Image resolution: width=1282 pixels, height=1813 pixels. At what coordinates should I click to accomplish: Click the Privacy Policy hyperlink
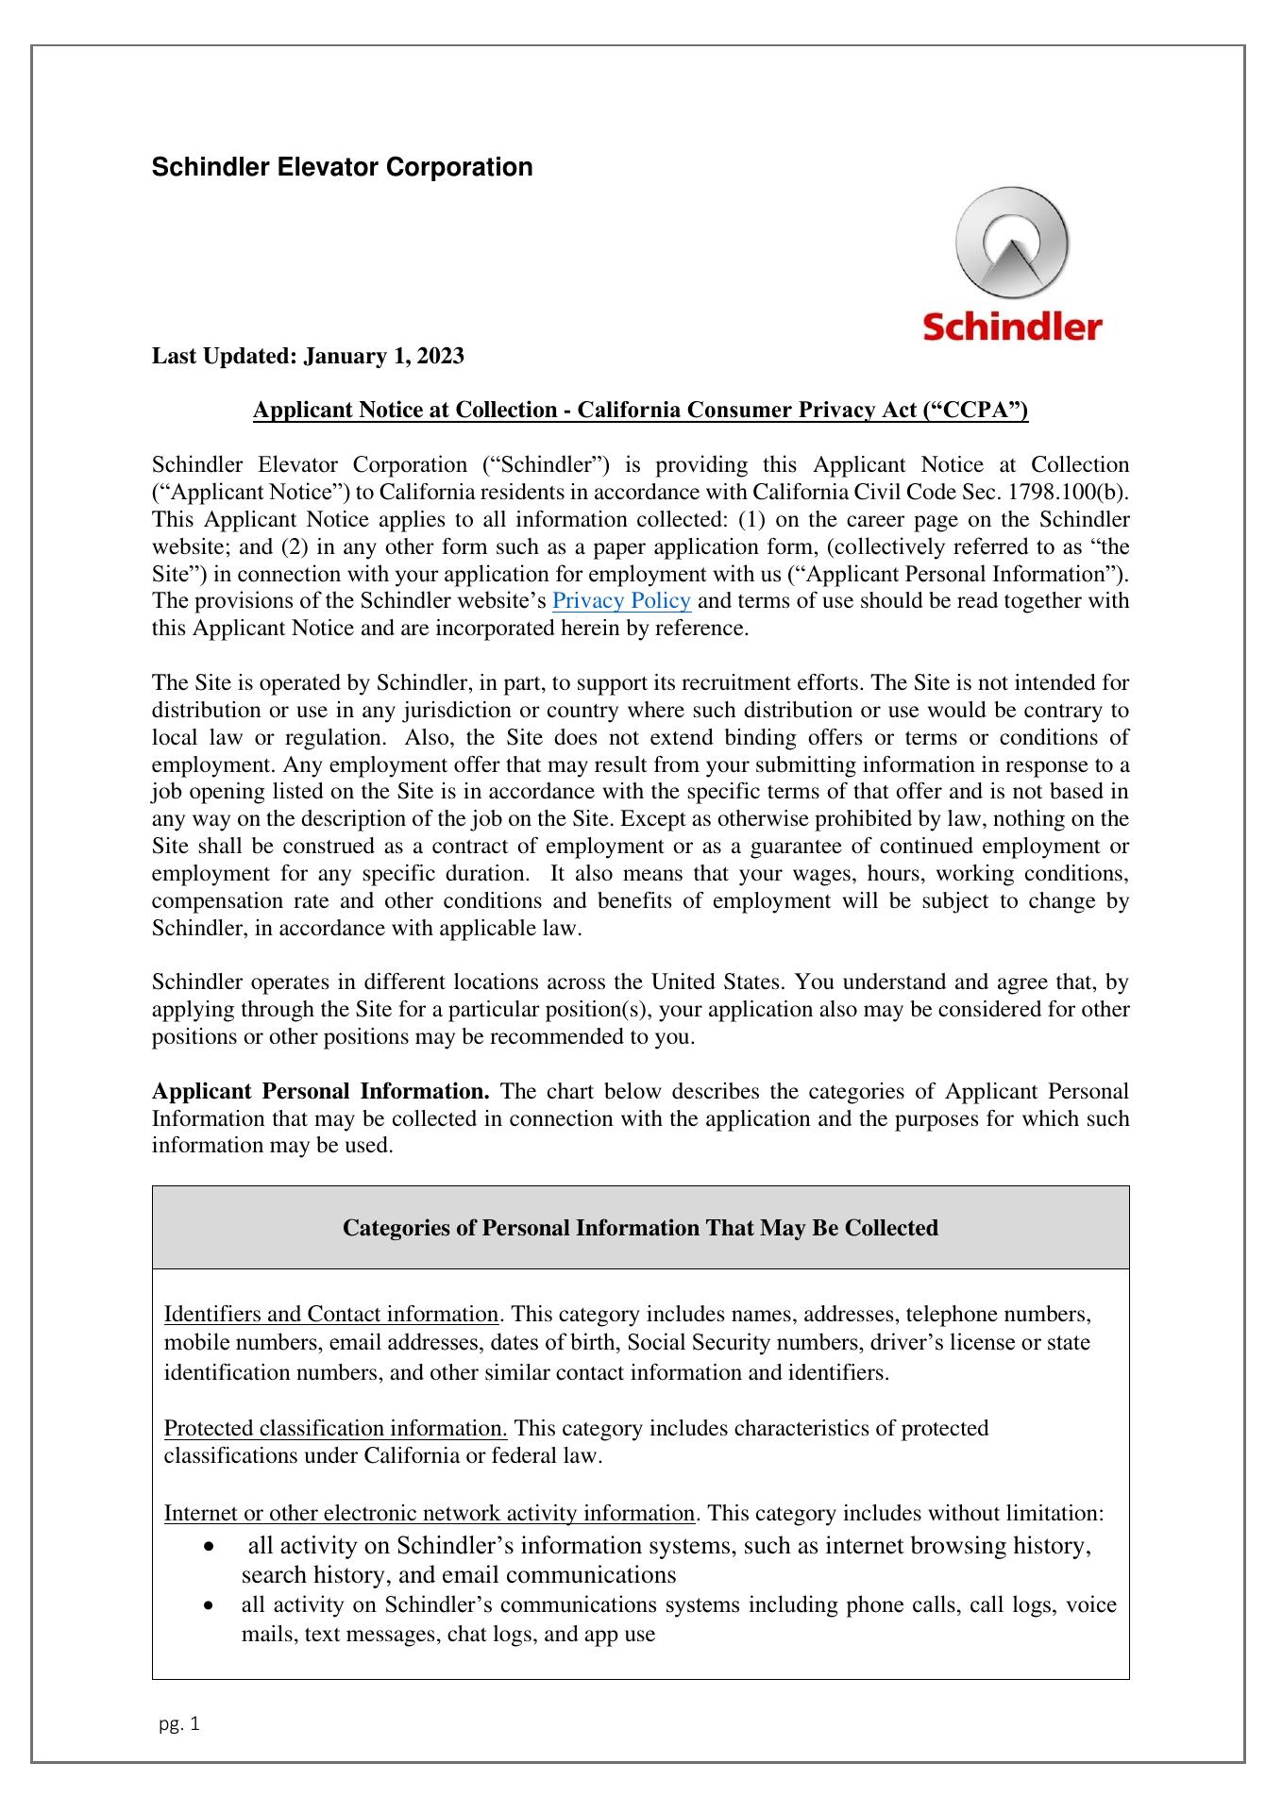pos(621,601)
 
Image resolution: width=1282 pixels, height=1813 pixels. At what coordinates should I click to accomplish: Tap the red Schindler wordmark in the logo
pos(1011,327)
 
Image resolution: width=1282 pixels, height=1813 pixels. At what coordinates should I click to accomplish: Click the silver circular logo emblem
pos(1011,243)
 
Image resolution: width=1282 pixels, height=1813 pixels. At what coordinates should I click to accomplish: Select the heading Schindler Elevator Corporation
pos(342,167)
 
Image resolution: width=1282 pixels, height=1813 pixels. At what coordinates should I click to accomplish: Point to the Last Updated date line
pos(308,356)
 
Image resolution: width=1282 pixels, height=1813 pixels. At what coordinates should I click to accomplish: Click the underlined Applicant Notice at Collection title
pos(640,410)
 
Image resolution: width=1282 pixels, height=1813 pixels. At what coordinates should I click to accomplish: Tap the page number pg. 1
pos(179,1724)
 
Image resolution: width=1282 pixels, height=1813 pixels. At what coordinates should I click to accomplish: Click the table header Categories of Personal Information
pos(640,1228)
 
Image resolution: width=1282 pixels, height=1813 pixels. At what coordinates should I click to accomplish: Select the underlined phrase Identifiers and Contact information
pos(330,1315)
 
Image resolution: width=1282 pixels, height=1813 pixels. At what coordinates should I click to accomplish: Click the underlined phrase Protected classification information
pos(335,1428)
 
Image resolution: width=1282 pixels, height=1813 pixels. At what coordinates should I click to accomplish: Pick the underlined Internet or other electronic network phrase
pos(430,1513)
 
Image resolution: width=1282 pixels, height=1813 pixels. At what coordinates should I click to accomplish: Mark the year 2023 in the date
pos(440,356)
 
